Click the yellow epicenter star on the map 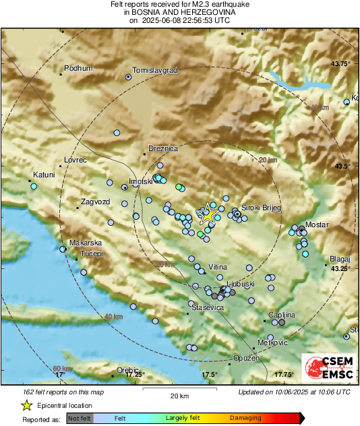(x=208, y=215)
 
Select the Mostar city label (x=317, y=224)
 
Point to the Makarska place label (x=86, y=243)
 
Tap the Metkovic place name (x=274, y=343)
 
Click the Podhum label (x=78, y=69)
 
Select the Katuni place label (x=44, y=175)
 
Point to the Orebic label (x=127, y=369)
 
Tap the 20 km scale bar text (x=179, y=395)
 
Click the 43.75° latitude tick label (x=341, y=63)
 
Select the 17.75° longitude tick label (x=283, y=374)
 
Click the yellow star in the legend (x=26, y=405)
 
